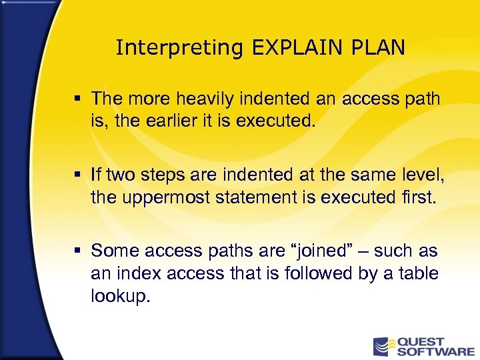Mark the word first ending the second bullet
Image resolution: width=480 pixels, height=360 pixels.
click(x=417, y=197)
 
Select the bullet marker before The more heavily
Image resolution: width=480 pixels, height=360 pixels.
click(x=78, y=99)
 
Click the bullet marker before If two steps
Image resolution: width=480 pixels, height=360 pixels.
click(x=78, y=175)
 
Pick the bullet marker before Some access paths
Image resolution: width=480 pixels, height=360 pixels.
click(x=78, y=251)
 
